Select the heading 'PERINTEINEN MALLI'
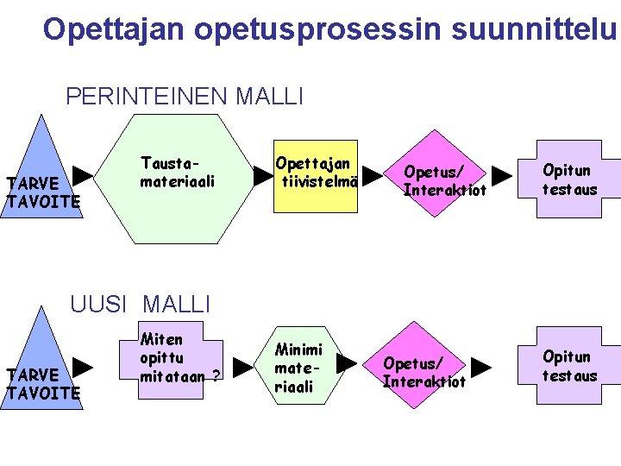click(185, 96)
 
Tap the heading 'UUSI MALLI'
click(141, 304)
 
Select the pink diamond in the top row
click(442, 177)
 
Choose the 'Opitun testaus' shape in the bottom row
click(569, 366)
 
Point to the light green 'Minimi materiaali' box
click(299, 368)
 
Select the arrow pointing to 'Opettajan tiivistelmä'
click(262, 176)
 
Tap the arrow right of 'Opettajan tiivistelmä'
click(371, 176)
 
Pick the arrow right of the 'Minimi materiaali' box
click(346, 363)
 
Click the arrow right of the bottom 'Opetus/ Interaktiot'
click(481, 367)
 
